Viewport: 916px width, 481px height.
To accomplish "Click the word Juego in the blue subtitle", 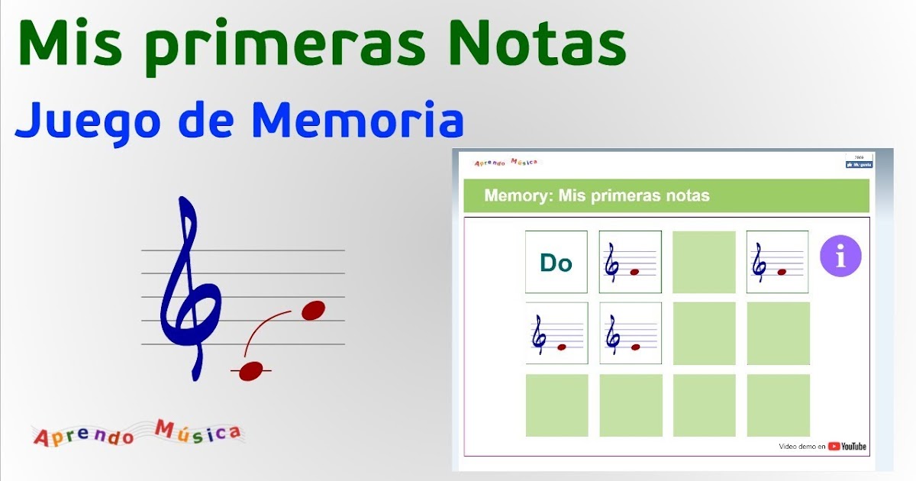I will tap(84, 122).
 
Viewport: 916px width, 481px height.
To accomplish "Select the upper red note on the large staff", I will tap(313, 310).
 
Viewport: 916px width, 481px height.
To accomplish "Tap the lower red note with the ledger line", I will tap(251, 371).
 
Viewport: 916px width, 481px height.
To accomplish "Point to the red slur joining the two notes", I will tap(264, 328).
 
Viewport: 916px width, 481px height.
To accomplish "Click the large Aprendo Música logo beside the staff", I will tap(137, 434).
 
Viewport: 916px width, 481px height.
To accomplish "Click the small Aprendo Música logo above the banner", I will tap(505, 162).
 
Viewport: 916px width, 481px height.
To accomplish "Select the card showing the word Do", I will tap(556, 262).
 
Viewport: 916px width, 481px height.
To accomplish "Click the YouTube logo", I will tap(847, 447).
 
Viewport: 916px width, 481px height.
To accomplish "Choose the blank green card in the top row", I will tap(704, 262).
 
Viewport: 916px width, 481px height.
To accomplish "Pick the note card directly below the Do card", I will tap(556, 333).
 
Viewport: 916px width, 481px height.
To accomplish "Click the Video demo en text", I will tap(801, 447).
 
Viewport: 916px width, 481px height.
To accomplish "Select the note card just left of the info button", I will tap(777, 262).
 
